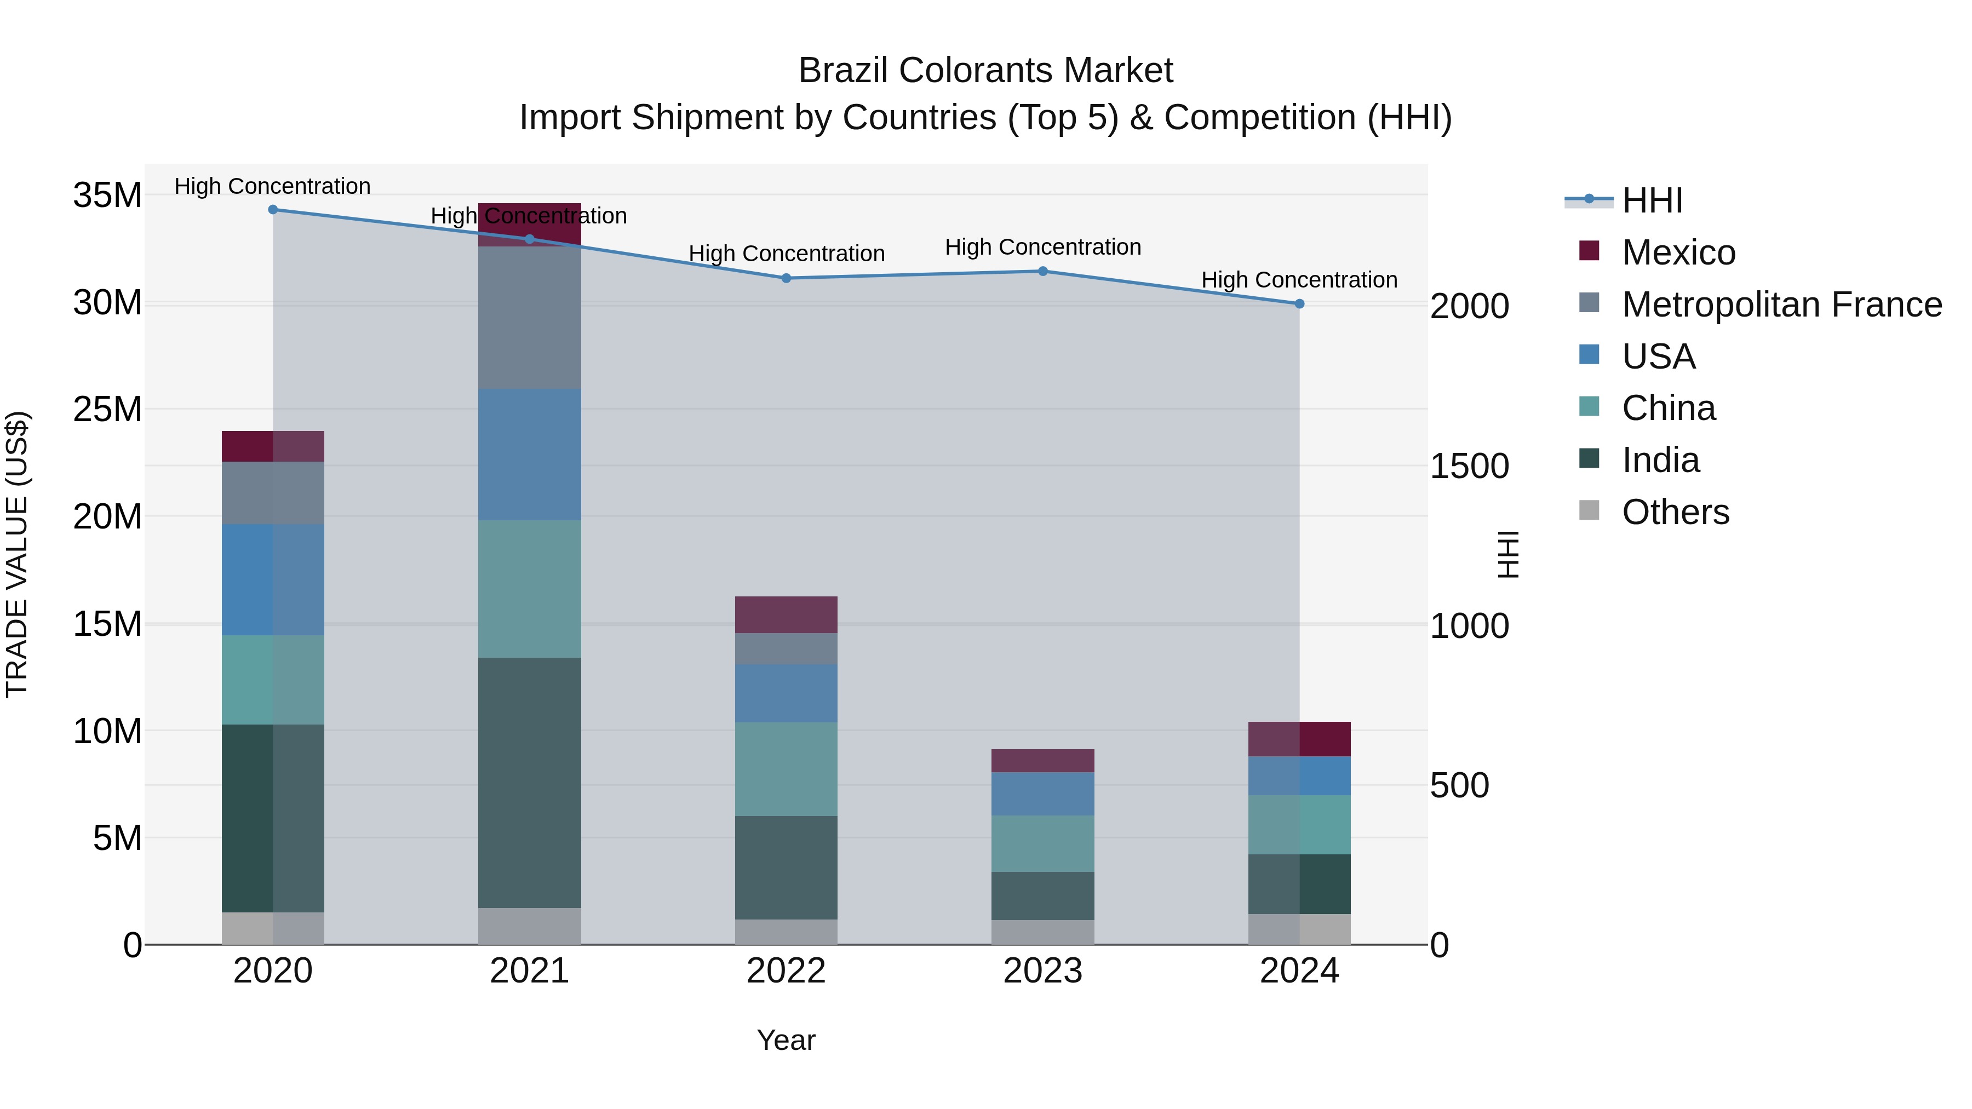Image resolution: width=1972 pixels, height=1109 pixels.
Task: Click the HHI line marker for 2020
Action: [x=273, y=210]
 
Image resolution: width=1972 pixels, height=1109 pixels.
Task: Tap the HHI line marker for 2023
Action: [x=1042, y=271]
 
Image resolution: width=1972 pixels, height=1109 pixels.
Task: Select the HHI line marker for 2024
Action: [x=1299, y=304]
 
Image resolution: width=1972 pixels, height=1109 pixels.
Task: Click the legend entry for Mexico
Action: [x=1677, y=252]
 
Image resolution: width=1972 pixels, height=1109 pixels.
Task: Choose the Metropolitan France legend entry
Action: [x=1781, y=304]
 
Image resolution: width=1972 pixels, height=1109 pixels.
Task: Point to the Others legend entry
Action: [x=1675, y=512]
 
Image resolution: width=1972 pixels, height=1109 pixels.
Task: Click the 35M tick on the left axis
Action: [x=107, y=195]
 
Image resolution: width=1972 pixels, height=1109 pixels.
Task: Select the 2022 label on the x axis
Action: [x=786, y=971]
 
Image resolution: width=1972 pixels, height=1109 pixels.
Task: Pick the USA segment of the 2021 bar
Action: [x=529, y=455]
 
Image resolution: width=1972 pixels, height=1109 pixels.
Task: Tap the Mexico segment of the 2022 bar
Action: [x=786, y=614]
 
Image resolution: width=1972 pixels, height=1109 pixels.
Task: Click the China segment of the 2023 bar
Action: [x=1042, y=843]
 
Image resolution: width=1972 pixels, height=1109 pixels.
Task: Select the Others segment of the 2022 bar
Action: [x=786, y=932]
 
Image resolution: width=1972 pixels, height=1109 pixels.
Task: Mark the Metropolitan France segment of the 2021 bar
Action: [x=529, y=318]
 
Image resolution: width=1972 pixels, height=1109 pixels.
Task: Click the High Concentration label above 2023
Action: [x=1042, y=247]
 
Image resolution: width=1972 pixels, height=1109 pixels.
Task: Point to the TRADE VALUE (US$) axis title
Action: [x=17, y=554]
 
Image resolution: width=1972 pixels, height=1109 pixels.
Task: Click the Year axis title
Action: [x=786, y=1040]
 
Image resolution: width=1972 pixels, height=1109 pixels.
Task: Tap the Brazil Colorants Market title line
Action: [x=985, y=71]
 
